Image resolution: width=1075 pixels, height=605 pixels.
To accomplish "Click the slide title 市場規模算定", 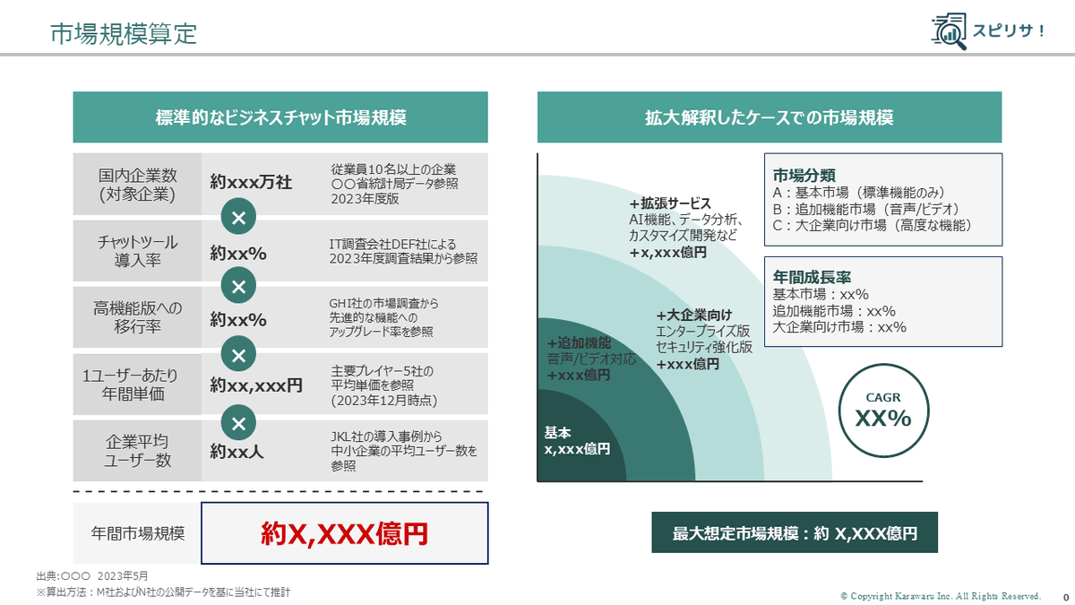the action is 124,34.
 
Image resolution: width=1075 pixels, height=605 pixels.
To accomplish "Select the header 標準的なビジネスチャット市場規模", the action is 280,117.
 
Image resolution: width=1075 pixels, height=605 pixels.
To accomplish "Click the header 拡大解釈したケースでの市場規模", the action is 769,117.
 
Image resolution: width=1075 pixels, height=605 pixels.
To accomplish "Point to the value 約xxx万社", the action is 251,182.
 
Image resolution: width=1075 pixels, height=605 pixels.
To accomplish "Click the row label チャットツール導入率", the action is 137,251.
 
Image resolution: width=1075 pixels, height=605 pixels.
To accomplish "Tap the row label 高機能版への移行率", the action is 137,317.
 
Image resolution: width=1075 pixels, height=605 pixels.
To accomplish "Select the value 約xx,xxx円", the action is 256,385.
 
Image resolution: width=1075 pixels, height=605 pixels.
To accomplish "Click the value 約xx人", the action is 237,452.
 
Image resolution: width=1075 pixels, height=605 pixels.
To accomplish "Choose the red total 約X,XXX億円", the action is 345,533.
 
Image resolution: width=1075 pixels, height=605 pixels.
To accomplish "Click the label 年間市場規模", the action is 138,533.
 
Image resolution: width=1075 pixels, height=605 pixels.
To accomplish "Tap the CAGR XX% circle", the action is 882,411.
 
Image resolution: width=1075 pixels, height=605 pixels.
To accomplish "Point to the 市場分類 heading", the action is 804,175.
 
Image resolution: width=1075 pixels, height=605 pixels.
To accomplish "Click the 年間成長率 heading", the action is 809,277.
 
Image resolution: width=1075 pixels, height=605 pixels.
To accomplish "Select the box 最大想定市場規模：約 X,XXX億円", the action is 795,533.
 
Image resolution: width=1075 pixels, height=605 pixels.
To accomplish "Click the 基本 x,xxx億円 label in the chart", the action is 577,440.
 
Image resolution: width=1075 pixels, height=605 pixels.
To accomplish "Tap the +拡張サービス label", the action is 669,203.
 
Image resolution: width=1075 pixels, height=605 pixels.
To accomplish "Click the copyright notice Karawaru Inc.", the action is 941,596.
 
